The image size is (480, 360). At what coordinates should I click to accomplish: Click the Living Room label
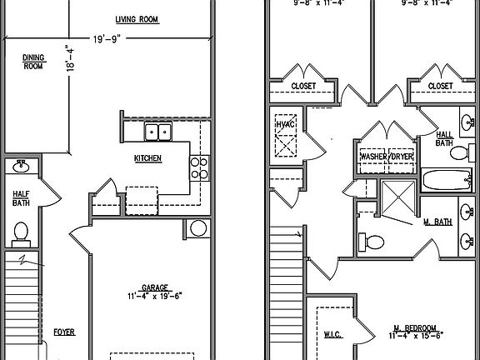137,19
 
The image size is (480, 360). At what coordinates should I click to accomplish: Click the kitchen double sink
157,131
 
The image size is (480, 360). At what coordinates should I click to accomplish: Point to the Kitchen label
147,158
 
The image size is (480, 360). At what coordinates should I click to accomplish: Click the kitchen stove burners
199,168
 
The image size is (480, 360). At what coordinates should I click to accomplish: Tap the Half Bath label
21,197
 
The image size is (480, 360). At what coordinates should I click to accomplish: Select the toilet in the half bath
21,230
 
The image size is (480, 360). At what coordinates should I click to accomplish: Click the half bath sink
21,167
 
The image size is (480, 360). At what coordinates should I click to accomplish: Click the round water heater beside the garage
199,228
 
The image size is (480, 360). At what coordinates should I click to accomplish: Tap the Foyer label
64,332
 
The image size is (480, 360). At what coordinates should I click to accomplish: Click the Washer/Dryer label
386,156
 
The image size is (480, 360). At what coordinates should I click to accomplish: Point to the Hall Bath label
445,137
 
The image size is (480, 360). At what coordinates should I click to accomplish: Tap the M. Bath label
437,222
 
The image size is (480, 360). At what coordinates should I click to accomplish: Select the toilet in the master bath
372,242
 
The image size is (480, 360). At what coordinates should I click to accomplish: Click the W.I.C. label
334,334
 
